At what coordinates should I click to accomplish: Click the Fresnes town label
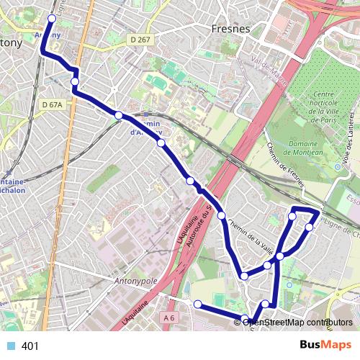point(231,29)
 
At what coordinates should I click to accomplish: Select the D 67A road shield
point(53,105)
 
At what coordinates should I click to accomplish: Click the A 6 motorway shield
point(169,318)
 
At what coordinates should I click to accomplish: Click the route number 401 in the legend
point(30,346)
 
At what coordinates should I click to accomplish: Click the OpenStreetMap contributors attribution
point(297,322)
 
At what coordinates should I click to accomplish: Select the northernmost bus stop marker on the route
point(52,19)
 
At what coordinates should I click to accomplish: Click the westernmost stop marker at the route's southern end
point(197,304)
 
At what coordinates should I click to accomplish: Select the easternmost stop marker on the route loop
point(310,228)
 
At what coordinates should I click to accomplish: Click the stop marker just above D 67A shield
point(75,82)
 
